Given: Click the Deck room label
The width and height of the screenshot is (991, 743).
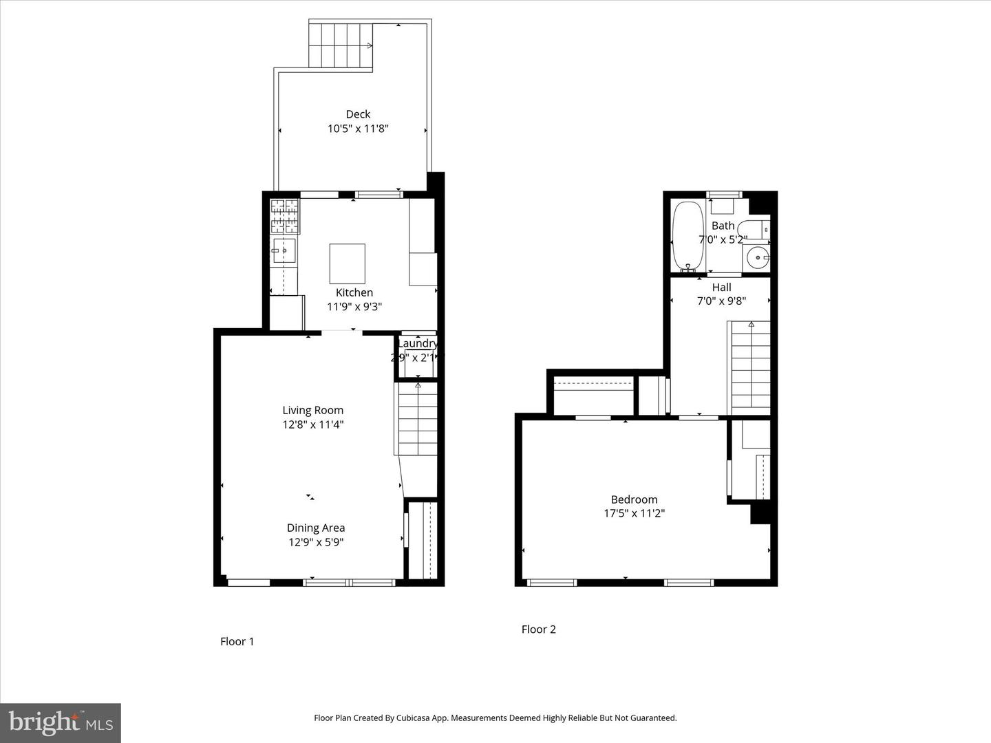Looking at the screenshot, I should (358, 114).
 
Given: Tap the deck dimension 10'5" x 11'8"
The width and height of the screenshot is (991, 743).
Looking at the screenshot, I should (358, 129).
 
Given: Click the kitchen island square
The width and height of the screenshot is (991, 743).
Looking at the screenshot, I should (347, 263).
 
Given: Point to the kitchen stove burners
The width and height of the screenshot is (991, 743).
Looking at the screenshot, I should (284, 215).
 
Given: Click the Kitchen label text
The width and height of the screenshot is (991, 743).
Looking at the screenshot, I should (354, 292).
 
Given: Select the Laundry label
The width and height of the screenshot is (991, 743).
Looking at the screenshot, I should (417, 343).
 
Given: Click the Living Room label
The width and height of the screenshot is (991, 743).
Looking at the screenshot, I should (312, 410).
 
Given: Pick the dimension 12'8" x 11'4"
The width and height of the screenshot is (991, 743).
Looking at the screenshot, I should (312, 424).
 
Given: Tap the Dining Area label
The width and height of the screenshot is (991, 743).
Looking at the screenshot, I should (316, 528).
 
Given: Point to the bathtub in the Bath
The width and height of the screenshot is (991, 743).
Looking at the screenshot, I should (688, 235).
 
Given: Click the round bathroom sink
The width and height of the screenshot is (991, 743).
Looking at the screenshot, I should (757, 258).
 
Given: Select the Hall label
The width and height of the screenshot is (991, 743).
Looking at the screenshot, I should (721, 287).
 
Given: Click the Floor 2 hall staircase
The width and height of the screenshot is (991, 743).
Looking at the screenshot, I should (750, 368).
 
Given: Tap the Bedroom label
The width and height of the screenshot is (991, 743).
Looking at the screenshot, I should (634, 499).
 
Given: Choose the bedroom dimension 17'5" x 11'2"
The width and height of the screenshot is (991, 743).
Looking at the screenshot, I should (634, 513).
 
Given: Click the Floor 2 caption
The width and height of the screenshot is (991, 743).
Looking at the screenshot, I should (538, 629).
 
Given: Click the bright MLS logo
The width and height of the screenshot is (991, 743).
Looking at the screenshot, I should (61, 722).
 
